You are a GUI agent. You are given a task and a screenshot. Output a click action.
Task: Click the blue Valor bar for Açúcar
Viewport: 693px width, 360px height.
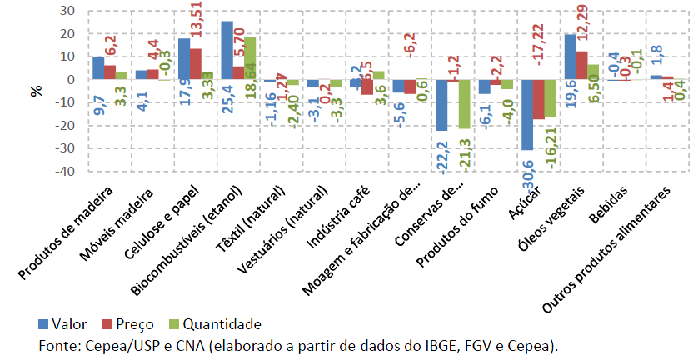pyautogui.click(x=526, y=115)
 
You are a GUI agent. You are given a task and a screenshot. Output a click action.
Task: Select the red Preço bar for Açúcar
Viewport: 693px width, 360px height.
pyautogui.click(x=538, y=99)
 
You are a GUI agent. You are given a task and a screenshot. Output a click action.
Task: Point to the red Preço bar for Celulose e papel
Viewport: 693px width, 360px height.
pyautogui.click(x=196, y=64)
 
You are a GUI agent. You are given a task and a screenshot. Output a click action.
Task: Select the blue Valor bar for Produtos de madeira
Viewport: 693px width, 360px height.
pyautogui.click(x=98, y=68)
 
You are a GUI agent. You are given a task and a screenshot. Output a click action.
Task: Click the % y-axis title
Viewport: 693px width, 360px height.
pyautogui.click(x=36, y=91)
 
